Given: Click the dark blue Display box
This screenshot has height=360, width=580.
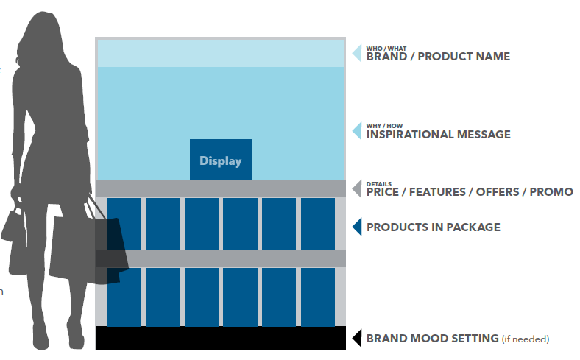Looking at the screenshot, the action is tap(221, 160).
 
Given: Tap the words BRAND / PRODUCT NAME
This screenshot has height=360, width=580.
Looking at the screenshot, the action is tap(438, 57).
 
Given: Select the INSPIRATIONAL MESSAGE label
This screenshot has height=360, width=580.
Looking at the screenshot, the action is tap(439, 134).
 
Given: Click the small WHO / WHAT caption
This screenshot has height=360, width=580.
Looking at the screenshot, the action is tap(386, 49).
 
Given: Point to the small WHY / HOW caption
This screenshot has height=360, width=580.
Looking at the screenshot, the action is tap(384, 126).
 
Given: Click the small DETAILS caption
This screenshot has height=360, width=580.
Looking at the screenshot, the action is tap(379, 184).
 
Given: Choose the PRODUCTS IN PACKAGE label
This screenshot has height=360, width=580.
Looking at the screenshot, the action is tap(433, 227).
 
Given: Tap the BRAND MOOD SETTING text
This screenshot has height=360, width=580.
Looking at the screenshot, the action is tap(432, 339).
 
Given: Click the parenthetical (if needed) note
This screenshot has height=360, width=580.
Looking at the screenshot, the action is tap(526, 339).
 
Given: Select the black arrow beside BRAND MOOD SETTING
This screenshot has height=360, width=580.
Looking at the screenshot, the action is tap(358, 338).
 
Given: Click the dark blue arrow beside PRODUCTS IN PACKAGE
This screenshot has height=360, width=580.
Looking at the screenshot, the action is tap(358, 227).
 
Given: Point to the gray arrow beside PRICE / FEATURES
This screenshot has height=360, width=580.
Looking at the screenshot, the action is tap(358, 188).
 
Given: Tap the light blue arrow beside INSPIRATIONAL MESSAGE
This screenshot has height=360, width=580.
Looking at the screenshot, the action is tap(358, 131).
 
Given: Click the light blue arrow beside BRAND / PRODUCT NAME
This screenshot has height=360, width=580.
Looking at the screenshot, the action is tap(358, 53).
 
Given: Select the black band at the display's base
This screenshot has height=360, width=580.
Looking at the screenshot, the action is tap(221, 338).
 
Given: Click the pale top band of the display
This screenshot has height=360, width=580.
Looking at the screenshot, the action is tap(221, 53).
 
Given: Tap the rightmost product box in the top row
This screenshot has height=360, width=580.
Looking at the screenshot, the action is tap(318, 225).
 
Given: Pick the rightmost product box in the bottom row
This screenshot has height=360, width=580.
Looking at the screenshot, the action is tap(318, 297).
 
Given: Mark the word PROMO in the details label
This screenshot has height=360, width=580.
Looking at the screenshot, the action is tap(551, 192).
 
